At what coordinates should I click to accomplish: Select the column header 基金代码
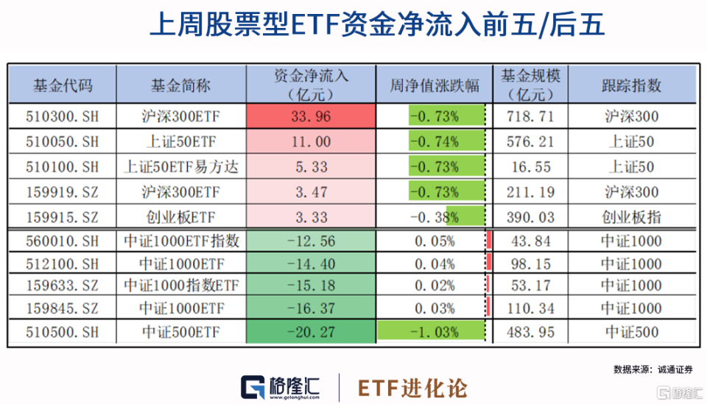coord(63,85)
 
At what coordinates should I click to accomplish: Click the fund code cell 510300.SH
coord(63,116)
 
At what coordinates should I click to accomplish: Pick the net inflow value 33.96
coord(312,116)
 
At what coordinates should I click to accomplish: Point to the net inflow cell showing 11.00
coord(312,141)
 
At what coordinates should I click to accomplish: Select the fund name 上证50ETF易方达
coord(180,167)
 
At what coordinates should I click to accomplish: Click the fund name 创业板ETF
coord(180,217)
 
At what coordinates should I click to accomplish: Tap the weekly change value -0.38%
coord(434,217)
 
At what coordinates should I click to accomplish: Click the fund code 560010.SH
coord(63,241)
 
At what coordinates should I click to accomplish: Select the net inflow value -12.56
coord(312,241)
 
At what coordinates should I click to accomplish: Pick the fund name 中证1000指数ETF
coord(180,283)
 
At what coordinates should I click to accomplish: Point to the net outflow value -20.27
coord(312,333)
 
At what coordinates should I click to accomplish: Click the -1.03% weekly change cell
coord(434,333)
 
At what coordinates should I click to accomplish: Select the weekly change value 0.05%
coord(434,241)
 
